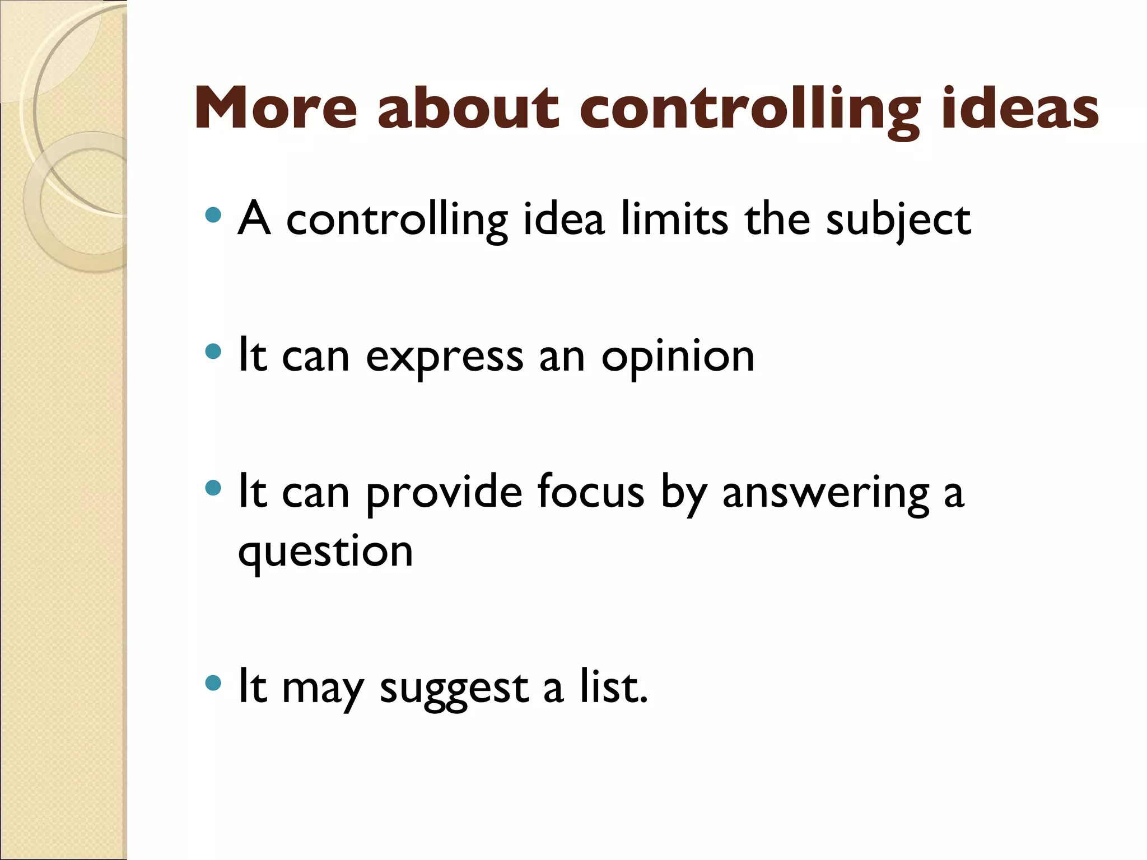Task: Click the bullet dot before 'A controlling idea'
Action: coord(213,215)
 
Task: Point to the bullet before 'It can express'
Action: coord(213,352)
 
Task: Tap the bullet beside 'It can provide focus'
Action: coord(213,488)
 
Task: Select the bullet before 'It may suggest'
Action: coord(213,683)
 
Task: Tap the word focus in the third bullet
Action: coord(590,492)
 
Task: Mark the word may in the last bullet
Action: coord(323,690)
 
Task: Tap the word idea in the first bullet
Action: coord(563,218)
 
